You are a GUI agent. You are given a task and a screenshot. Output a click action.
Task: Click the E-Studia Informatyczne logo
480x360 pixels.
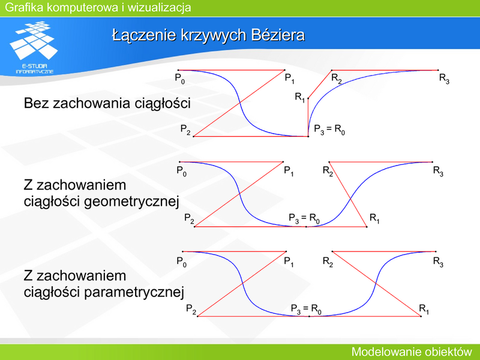[x=34, y=47]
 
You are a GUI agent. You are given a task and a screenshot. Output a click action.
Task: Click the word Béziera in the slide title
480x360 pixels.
[x=278, y=35]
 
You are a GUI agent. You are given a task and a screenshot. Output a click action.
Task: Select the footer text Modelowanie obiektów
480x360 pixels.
[x=412, y=352]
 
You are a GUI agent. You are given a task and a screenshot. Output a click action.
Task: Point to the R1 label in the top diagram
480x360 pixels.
[x=299, y=97]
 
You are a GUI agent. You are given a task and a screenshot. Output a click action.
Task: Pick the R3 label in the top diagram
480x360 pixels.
[x=444, y=79]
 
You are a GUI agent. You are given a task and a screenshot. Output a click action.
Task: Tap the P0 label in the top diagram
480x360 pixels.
[x=179, y=79]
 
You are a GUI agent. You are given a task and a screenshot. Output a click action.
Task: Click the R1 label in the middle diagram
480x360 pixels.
[x=374, y=218]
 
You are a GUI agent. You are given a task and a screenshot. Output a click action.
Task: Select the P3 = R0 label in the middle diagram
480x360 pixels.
[x=304, y=218]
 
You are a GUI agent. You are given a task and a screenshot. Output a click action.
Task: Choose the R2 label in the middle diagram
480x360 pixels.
[x=328, y=171]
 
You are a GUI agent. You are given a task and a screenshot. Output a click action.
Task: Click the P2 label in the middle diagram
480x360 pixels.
[x=189, y=218]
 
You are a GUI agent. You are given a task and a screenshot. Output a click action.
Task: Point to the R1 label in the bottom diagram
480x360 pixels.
[x=424, y=309]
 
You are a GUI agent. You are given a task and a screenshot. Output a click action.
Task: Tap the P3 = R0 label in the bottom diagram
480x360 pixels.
[x=306, y=309]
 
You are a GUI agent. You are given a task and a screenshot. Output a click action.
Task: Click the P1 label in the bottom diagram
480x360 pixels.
[x=289, y=262]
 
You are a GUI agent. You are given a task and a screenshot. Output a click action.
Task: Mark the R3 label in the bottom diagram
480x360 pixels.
[x=438, y=262]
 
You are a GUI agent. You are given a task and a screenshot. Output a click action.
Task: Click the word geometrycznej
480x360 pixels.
[x=131, y=202]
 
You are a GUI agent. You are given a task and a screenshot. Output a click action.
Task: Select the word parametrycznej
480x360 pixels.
[x=134, y=292]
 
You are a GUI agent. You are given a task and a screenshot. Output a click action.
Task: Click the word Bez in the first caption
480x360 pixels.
[x=37, y=103]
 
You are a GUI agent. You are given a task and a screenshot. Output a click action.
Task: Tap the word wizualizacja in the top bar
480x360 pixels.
[x=159, y=7]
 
